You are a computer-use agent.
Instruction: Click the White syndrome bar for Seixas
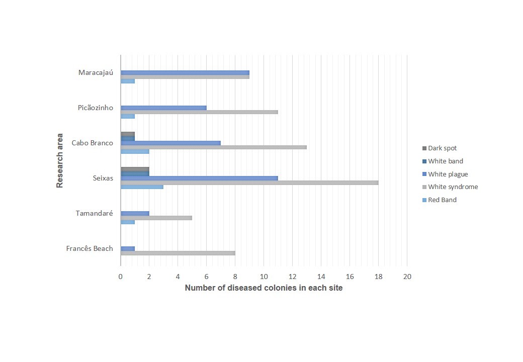click(x=249, y=183)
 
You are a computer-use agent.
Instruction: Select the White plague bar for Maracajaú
click(x=185, y=72)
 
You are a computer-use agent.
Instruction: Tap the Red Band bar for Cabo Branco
click(x=135, y=151)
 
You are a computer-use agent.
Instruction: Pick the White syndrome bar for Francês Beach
click(x=178, y=253)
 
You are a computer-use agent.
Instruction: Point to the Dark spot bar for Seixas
click(x=135, y=169)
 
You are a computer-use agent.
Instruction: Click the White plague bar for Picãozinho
click(x=163, y=108)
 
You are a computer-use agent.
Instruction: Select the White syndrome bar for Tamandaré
click(x=156, y=218)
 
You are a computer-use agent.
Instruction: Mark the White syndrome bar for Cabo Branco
click(x=214, y=147)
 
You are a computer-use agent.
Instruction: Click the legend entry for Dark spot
click(x=442, y=148)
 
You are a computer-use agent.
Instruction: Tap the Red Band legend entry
click(x=442, y=200)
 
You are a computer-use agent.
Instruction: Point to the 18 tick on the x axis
click(x=379, y=277)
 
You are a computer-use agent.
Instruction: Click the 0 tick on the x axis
click(x=121, y=277)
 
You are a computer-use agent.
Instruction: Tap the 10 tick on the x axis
click(x=264, y=277)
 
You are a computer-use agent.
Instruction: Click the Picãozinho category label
click(x=96, y=108)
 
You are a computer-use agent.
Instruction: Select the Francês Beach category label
click(x=90, y=248)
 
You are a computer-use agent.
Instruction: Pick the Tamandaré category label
click(x=94, y=213)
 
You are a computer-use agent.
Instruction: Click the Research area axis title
click(x=60, y=160)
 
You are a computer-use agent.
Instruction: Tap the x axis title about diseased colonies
click(x=264, y=288)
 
